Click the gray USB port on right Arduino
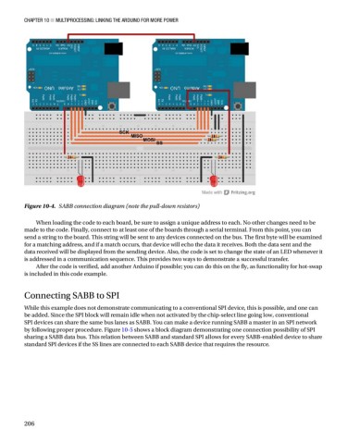(x=180, y=54)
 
